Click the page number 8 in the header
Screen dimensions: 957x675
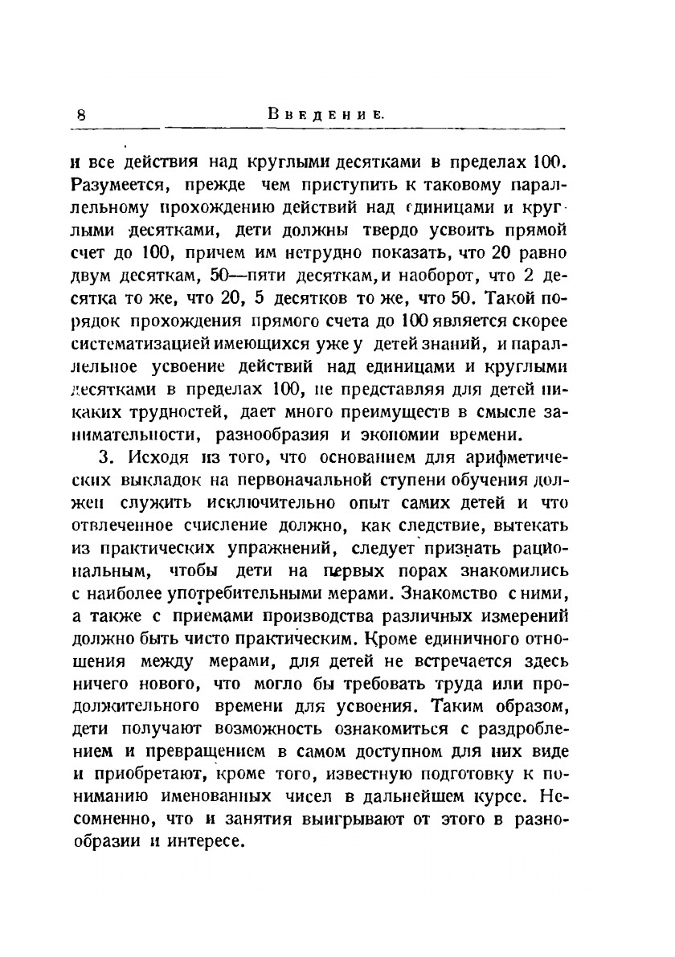click(81, 114)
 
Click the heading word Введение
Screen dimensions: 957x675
click(325, 114)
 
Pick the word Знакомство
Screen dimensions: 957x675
click(426, 595)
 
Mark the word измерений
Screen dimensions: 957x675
click(526, 618)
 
